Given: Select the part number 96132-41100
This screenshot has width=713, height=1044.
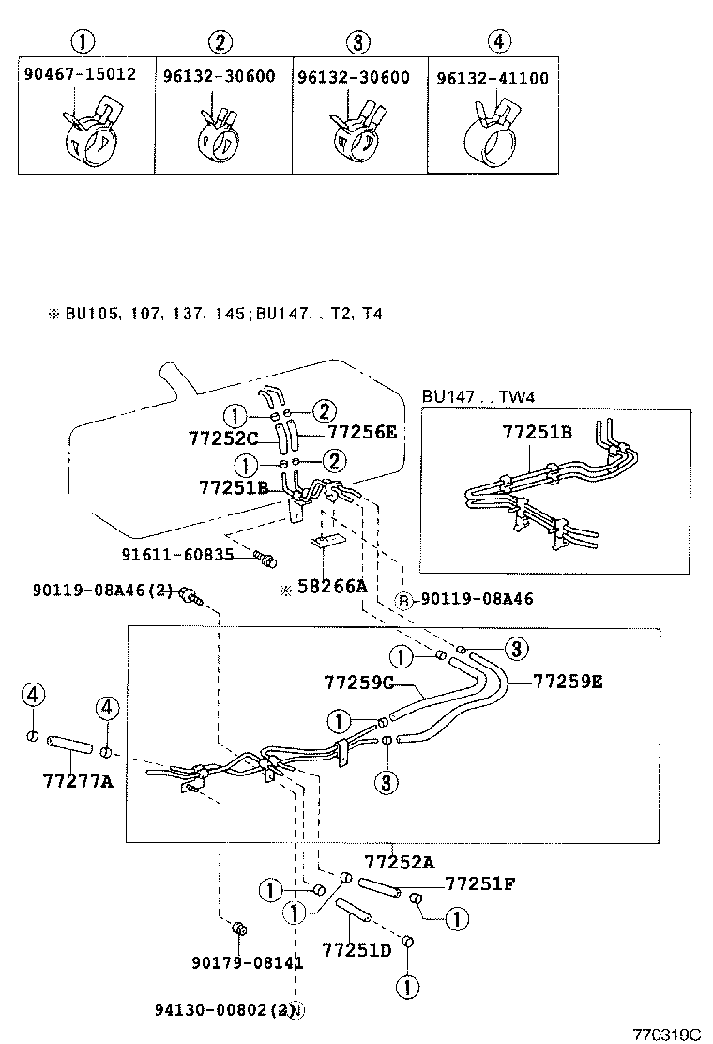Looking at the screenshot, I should tap(493, 79).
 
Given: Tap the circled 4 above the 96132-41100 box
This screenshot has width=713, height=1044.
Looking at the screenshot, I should tap(499, 41).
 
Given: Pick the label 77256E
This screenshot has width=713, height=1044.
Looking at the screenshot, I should tap(362, 433).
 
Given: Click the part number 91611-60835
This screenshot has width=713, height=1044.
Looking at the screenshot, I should tap(177, 555).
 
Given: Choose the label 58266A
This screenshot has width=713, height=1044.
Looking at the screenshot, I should tap(328, 588).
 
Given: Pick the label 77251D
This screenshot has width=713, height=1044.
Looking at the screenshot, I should tap(356, 949).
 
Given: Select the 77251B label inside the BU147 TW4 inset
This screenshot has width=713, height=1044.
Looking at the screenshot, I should tap(537, 433).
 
